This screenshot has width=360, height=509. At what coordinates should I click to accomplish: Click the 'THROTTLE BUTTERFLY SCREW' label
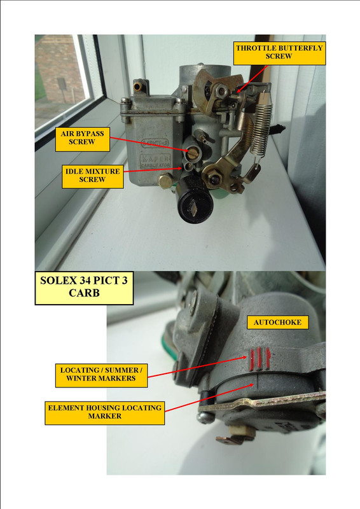click(279, 53)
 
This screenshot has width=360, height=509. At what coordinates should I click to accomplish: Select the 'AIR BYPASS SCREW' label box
click(83, 139)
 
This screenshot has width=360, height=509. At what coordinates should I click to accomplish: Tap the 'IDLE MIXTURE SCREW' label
click(92, 176)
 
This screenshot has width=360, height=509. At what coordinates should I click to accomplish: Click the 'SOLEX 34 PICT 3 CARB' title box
click(84, 288)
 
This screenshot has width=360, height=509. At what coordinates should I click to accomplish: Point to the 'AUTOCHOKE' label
click(277, 323)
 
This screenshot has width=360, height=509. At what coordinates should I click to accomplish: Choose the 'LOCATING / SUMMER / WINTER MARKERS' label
click(101, 375)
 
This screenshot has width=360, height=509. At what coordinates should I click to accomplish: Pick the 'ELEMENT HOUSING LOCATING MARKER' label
click(105, 413)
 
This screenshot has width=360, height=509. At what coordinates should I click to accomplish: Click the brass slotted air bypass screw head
click(191, 153)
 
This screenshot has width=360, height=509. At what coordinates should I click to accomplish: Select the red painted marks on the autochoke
click(259, 359)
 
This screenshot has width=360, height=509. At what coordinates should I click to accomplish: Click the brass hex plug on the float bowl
click(166, 181)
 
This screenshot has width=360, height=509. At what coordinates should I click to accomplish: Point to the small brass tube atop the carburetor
click(137, 86)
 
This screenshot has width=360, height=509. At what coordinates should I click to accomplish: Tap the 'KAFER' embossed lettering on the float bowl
click(155, 158)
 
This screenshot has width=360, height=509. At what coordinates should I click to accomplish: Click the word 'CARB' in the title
click(84, 293)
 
